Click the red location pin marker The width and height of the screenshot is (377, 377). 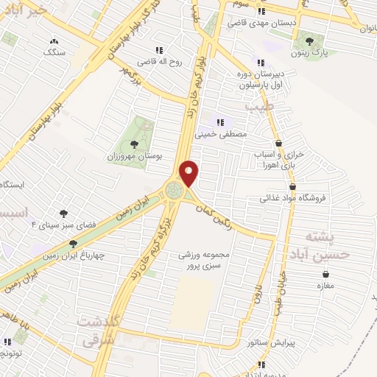(189, 173)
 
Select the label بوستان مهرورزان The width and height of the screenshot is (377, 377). (134, 157)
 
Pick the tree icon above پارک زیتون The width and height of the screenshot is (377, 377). (309, 41)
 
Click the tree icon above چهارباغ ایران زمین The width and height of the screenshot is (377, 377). (72, 244)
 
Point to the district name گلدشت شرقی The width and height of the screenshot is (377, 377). (96, 332)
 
